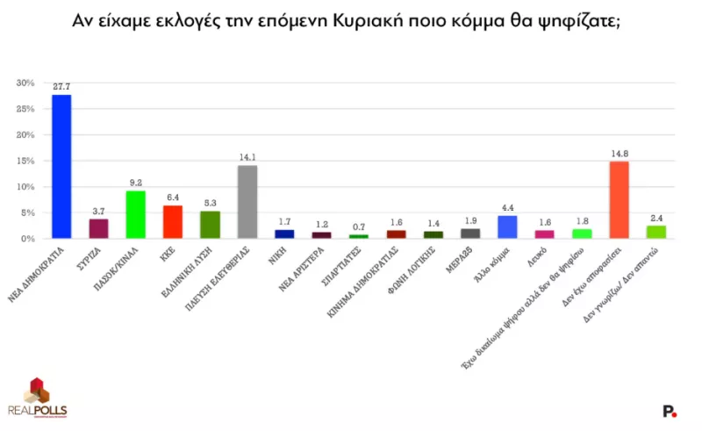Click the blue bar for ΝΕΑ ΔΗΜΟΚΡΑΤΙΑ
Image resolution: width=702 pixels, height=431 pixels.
click(61, 166)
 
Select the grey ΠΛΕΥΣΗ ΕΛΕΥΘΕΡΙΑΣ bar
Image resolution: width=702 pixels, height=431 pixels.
click(247, 202)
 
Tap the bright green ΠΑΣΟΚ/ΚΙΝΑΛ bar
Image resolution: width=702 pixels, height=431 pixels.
click(135, 214)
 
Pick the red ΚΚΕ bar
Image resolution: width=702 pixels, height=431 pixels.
click(173, 221)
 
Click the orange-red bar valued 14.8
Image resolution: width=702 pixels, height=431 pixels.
click(619, 200)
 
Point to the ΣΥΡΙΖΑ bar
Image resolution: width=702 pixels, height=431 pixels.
click(98, 228)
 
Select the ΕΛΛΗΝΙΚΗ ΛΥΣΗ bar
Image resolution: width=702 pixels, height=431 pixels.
click(210, 225)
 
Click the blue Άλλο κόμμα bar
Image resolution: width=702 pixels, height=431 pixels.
click(507, 226)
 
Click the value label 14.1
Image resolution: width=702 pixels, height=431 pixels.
click(247, 157)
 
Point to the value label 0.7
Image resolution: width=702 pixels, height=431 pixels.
click(359, 227)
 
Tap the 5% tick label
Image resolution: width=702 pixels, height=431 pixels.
click(28, 213)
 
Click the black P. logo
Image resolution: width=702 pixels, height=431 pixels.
click(670, 410)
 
